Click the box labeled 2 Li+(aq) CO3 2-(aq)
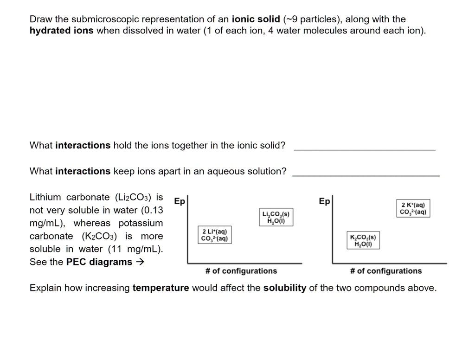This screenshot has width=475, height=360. tap(214, 235)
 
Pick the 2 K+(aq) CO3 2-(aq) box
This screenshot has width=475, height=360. tap(414, 208)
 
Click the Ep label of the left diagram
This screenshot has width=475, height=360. tap(179, 201)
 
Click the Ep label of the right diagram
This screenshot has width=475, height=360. tap(325, 201)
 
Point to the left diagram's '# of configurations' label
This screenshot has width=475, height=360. tap(241, 270)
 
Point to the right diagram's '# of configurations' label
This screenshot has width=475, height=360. tap(386, 270)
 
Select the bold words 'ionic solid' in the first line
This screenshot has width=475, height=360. tap(256, 19)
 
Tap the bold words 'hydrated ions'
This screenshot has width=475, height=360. tap(61, 31)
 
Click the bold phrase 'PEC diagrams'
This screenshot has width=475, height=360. tap(99, 262)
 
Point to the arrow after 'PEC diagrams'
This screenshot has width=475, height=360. tap(140, 262)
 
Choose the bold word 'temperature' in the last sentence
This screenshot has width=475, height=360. tap(160, 288)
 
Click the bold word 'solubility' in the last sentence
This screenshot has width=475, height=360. tap(284, 288)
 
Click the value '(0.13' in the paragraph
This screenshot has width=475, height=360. tap(151, 210)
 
